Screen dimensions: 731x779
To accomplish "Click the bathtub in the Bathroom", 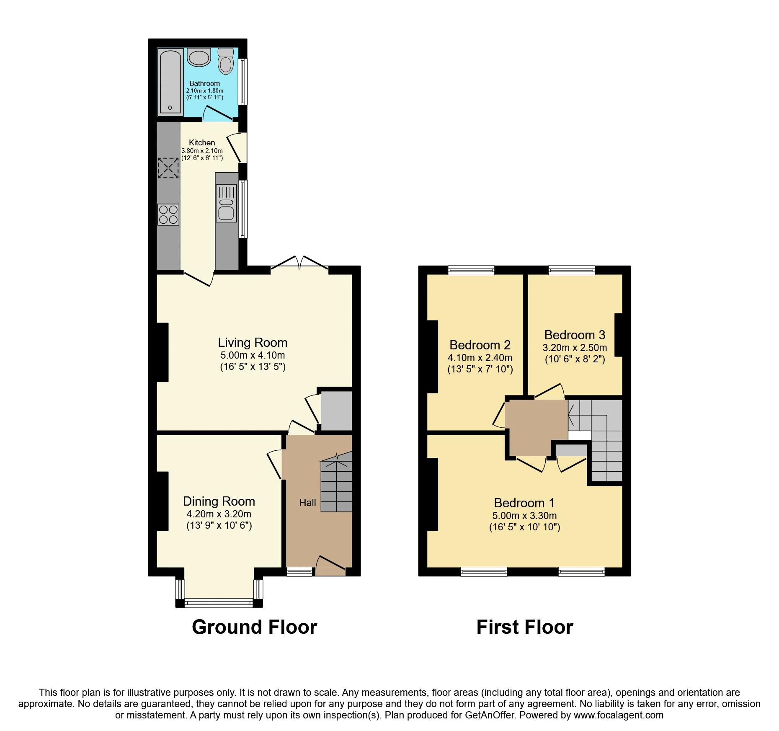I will [170, 82].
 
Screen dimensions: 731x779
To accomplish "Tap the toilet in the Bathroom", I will [226, 62].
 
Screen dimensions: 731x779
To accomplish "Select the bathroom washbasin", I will [199, 57].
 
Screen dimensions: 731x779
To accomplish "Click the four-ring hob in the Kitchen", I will [168, 214].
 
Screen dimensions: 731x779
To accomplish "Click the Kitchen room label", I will [202, 142].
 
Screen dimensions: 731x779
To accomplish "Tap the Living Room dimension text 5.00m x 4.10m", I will [253, 356].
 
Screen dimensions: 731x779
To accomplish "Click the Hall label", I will [307, 503].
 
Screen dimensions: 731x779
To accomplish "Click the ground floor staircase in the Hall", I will [336, 486].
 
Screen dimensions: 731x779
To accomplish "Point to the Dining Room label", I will [219, 501].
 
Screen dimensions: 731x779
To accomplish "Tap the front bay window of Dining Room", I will [219, 603].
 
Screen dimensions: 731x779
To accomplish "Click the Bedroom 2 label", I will [480, 345].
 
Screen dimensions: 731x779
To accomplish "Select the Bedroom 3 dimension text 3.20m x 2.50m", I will [575, 348].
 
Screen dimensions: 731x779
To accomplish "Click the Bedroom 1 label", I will [524, 503].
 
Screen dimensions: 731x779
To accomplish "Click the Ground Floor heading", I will [254, 627].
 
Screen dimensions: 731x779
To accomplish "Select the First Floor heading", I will [524, 627].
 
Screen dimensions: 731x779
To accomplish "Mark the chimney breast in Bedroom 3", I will [619, 335].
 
